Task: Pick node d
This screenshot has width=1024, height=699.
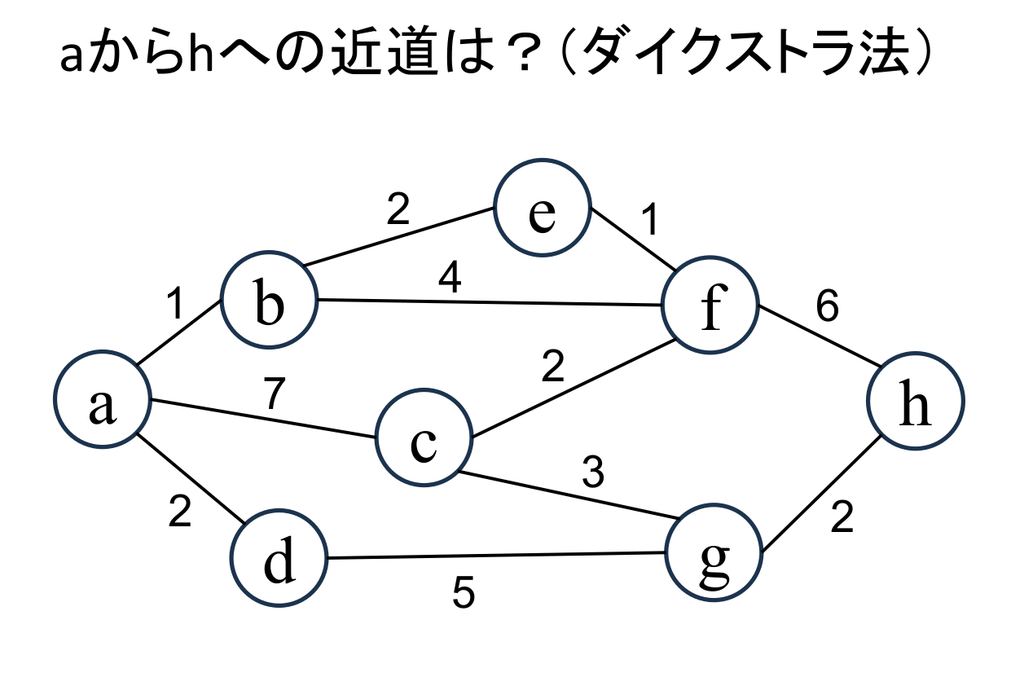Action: click(x=279, y=559)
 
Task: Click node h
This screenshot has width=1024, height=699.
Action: click(x=916, y=401)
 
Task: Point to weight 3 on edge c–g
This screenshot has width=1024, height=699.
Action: click(x=593, y=473)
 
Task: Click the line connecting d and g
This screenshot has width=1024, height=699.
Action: click(x=497, y=556)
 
